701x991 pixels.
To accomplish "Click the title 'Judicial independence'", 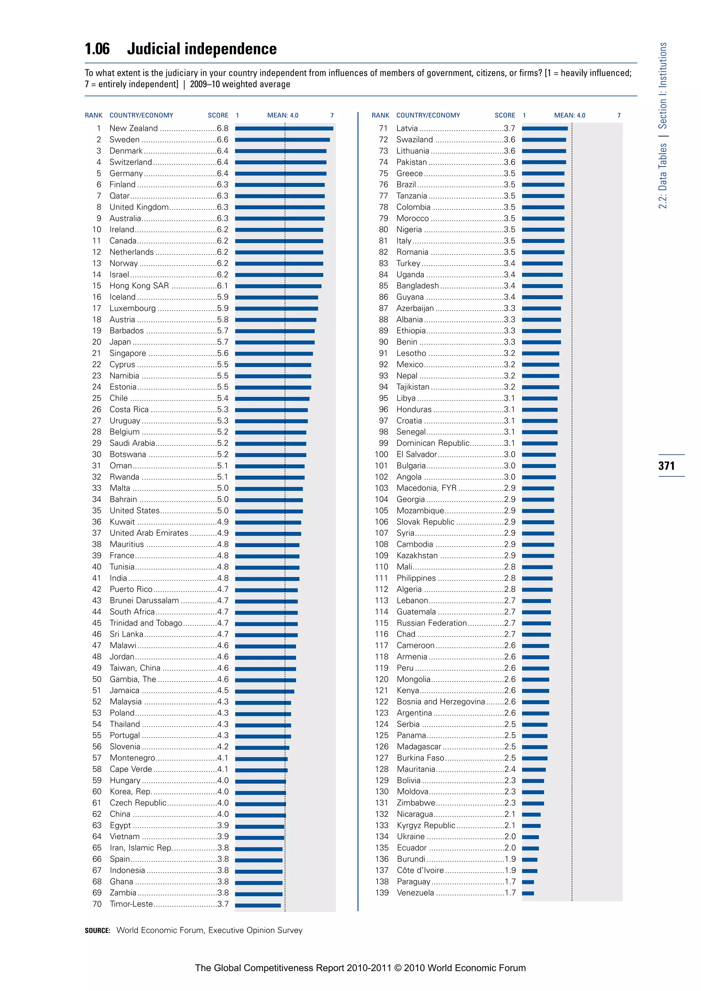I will pos(202,49).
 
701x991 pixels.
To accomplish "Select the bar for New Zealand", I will pos(284,129).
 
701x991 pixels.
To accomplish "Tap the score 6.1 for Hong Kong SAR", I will pos(223,286).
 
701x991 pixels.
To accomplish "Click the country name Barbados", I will pos(126,331).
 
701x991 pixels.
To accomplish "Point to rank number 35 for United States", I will pos(97,511).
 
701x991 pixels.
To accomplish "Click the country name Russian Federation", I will pos(431,623).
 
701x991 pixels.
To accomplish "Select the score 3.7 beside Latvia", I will pos(509,128).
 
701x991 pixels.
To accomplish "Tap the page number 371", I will pos(666,466).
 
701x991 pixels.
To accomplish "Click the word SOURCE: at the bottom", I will pos(98,930).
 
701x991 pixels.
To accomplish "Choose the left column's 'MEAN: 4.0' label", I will pos(283,115).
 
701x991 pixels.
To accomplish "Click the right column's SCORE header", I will pos(505,115).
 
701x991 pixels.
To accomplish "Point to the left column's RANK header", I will pos(94,115).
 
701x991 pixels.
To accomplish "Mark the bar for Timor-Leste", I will pos(258,904).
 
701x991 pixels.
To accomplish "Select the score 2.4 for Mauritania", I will pos(510,769).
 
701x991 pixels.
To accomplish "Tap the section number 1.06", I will pos(97,49).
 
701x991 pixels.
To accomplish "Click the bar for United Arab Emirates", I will pos(268,533).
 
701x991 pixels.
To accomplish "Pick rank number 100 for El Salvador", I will pos(382,454).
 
